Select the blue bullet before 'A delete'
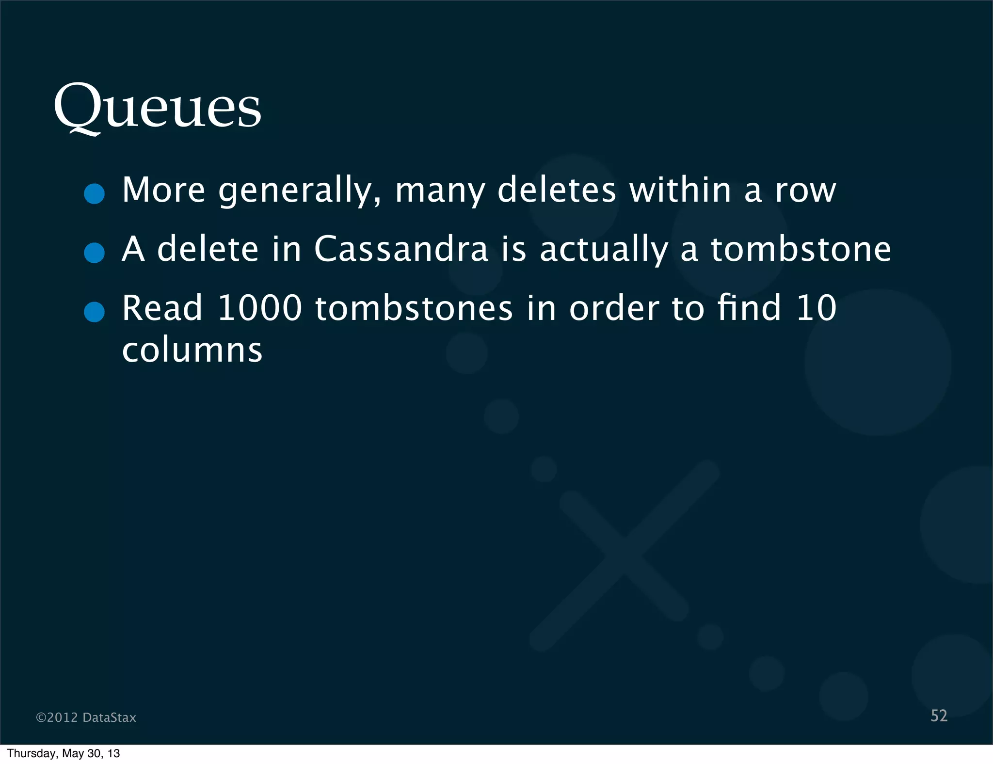click(94, 253)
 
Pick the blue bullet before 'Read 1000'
click(94, 312)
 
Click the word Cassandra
click(401, 249)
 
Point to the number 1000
click(260, 308)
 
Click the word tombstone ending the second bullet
click(801, 249)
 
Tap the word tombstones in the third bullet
click(414, 308)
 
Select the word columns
click(192, 350)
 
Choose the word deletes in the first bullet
click(557, 190)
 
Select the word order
click(614, 308)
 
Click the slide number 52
click(939, 716)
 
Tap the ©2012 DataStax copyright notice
click(86, 717)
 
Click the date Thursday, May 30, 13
click(64, 753)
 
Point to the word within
click(680, 190)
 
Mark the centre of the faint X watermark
click(624, 556)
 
